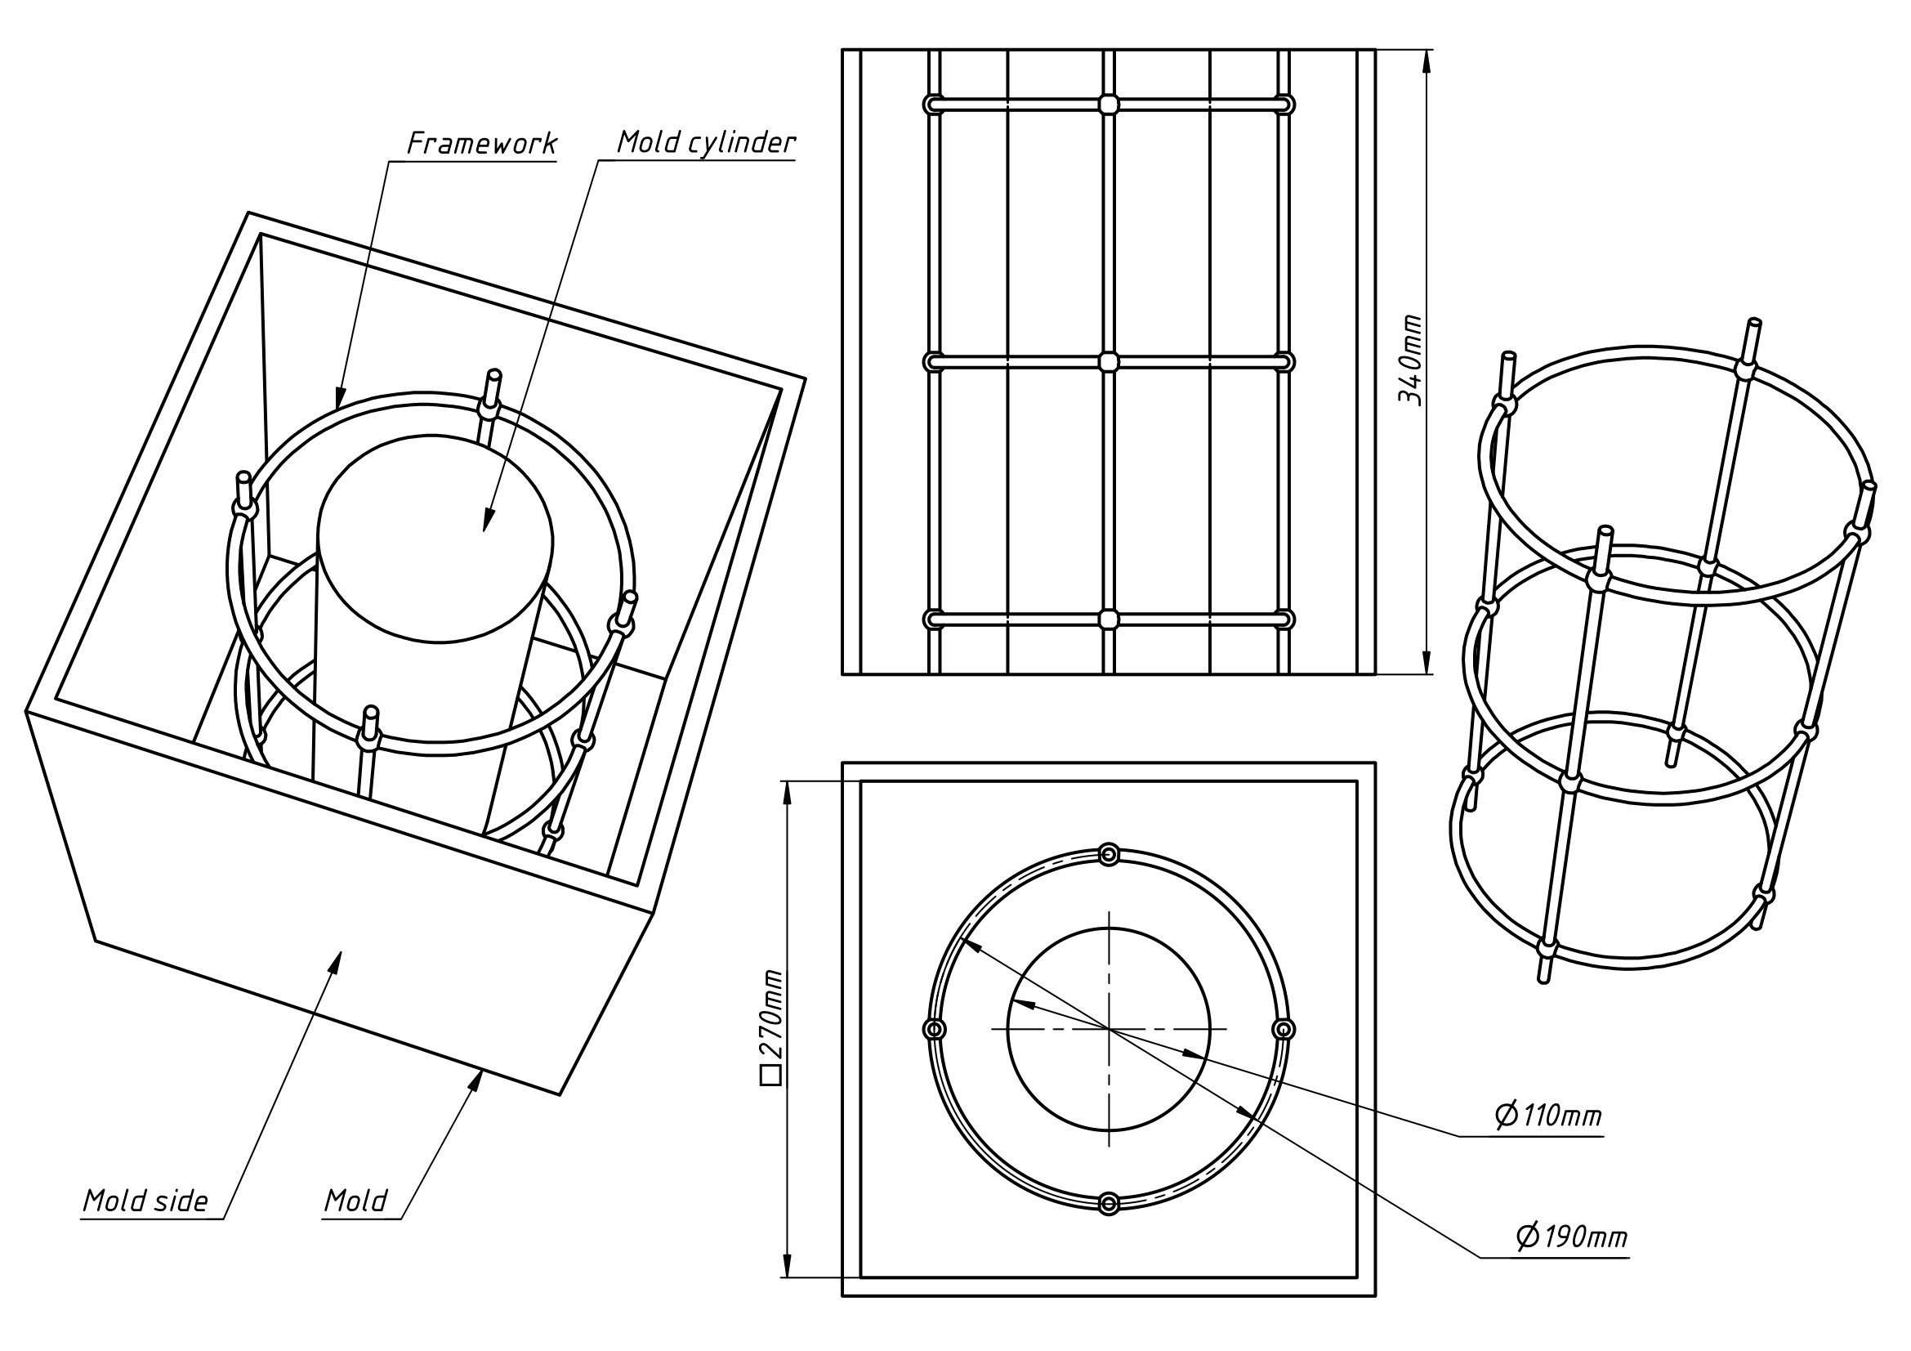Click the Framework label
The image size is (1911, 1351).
[x=482, y=143]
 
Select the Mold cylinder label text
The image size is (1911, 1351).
[x=706, y=142]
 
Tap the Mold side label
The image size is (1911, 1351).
[x=145, y=1201]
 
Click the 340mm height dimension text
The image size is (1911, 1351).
[x=1409, y=359]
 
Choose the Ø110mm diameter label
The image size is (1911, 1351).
[x=1549, y=1115]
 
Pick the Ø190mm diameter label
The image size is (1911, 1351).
[x=1571, y=1237]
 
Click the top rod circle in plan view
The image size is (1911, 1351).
[x=1109, y=855]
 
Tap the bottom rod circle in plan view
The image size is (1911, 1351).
[x=1109, y=1204]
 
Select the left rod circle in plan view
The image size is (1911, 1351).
[x=935, y=1030]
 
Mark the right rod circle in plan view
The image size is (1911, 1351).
[x=1284, y=1030]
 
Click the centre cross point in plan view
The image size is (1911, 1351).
[x=1109, y=1030]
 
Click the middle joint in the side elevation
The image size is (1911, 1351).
[x=1108, y=362]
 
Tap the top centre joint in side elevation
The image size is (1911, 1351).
[x=1108, y=104]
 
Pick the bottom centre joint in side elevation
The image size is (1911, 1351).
[x=1108, y=620]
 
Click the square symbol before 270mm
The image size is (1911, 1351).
[x=770, y=1076]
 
